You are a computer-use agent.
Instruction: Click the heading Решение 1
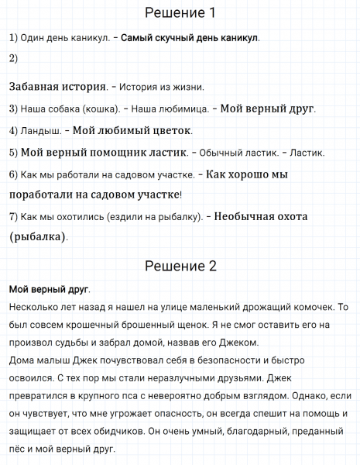tap(180, 13)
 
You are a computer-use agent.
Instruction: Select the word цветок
tap(171, 130)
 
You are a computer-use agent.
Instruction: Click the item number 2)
tap(13, 58)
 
